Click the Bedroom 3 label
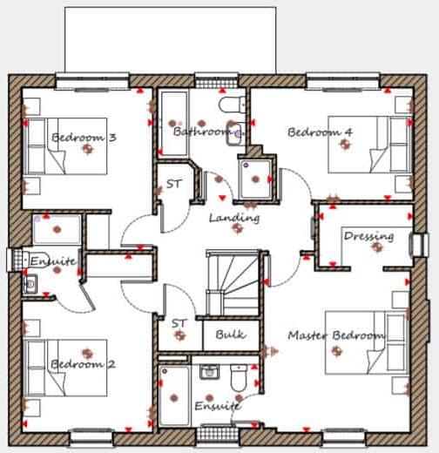coord(84,138)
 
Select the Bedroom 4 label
coord(320,132)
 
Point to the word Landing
coord(233,217)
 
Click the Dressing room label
coord(368,236)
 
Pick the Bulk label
coord(230,334)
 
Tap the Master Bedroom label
coord(336,335)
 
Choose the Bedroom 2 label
coord(83,364)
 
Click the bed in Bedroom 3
coord(64,147)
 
